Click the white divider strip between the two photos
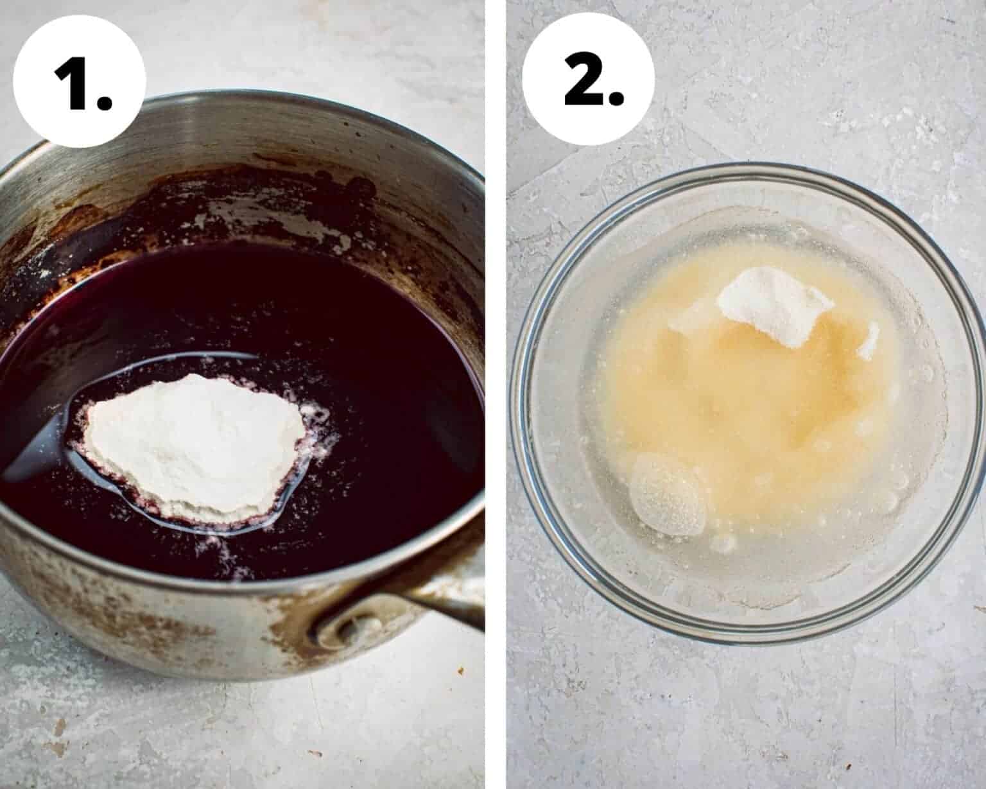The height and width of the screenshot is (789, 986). [496, 394]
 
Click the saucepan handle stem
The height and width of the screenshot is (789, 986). [440, 605]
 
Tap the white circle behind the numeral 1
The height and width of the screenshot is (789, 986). [80, 81]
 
